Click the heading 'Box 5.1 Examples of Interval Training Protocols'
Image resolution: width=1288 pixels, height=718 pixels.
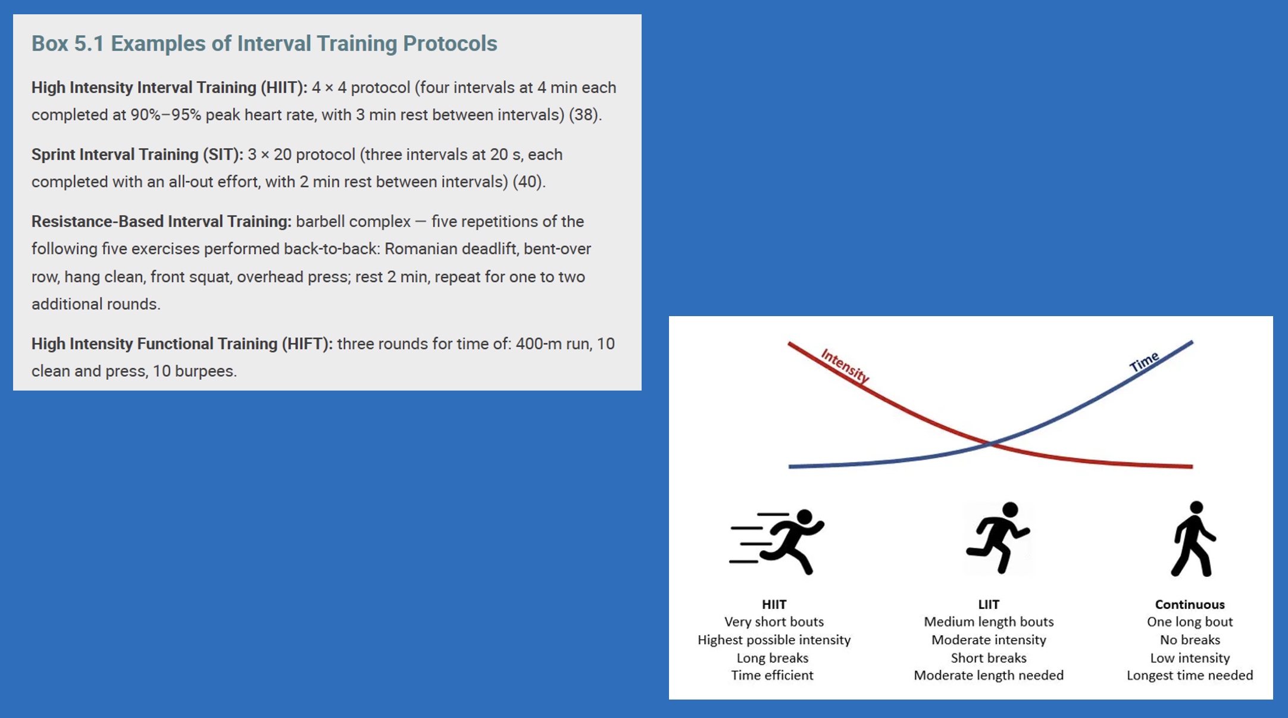pyautogui.click(x=264, y=43)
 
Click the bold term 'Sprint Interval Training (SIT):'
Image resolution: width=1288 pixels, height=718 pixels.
pyautogui.click(x=137, y=155)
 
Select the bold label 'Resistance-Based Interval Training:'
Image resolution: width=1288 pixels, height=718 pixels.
pyautogui.click(x=161, y=221)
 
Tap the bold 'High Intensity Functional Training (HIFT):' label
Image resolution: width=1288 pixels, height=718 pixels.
pyautogui.click(x=182, y=344)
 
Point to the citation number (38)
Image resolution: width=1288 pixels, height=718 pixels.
pyautogui.click(x=583, y=115)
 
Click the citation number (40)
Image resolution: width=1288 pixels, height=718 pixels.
pyautogui.click(x=527, y=182)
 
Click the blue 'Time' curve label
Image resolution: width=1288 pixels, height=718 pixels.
pyautogui.click(x=1144, y=362)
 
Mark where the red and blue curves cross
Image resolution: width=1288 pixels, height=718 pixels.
pyautogui.click(x=990, y=444)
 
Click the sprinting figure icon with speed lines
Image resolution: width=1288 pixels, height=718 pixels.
pyautogui.click(x=777, y=541)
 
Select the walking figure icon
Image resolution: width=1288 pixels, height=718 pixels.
pyautogui.click(x=1193, y=539)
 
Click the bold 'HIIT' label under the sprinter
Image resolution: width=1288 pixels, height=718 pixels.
pyautogui.click(x=774, y=605)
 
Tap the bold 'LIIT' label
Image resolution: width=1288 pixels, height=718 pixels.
pyautogui.click(x=989, y=605)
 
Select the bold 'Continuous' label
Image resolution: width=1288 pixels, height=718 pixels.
pyautogui.click(x=1190, y=605)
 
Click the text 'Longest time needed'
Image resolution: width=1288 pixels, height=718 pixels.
pyautogui.click(x=1190, y=676)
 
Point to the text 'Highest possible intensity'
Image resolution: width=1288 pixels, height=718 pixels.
pyautogui.click(x=774, y=640)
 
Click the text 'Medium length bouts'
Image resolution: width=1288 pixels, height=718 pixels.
pyautogui.click(x=989, y=622)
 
